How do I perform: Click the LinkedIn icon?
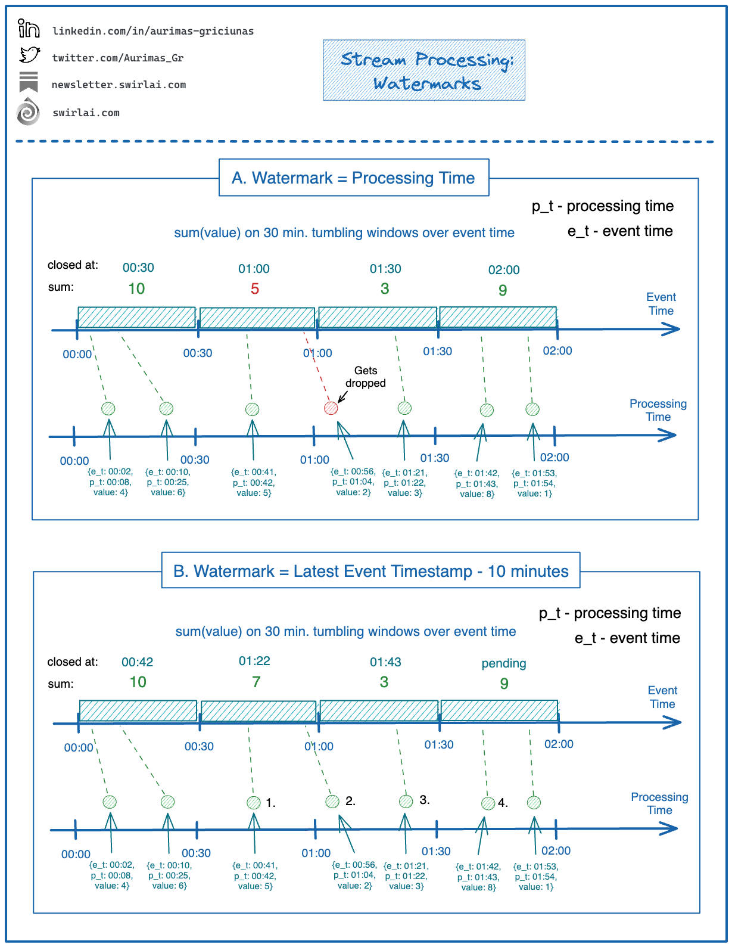[28, 29]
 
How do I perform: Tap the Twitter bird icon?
[29, 55]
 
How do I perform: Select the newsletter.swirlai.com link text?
[119, 85]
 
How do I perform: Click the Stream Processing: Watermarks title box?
[423, 70]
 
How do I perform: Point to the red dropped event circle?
[331, 408]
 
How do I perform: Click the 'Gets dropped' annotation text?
[366, 377]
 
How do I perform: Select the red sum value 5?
[254, 289]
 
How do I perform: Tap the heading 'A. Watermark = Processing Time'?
[354, 178]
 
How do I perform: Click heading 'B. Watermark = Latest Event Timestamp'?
[370, 571]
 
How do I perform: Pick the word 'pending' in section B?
[504, 663]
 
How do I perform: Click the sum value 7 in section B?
[256, 682]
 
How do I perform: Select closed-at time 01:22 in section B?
[254, 661]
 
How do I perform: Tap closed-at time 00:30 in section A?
[138, 268]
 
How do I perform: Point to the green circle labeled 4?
[488, 803]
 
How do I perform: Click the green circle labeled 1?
[254, 802]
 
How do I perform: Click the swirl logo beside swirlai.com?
[28, 112]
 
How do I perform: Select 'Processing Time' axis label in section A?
[658, 410]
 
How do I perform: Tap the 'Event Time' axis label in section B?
[662, 697]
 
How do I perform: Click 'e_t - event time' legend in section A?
[620, 231]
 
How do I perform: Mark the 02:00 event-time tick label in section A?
[557, 351]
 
